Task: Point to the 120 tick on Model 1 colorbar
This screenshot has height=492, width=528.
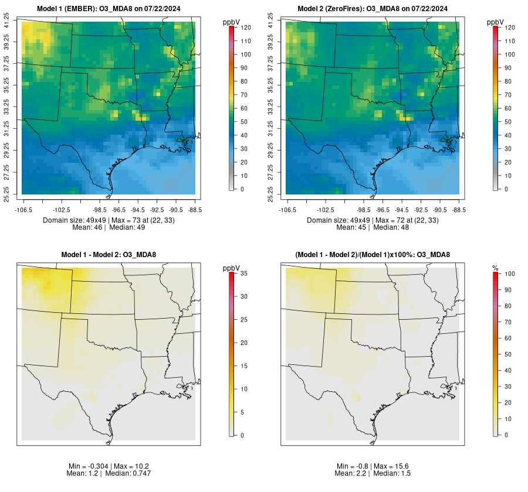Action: pyautogui.click(x=246, y=28)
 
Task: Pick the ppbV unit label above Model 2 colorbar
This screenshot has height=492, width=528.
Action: pyautogui.click(x=496, y=22)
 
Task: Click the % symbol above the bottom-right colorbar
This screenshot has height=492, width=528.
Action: pyautogui.click(x=495, y=268)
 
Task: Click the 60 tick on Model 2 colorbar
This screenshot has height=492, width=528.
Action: pyautogui.click(x=508, y=108)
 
